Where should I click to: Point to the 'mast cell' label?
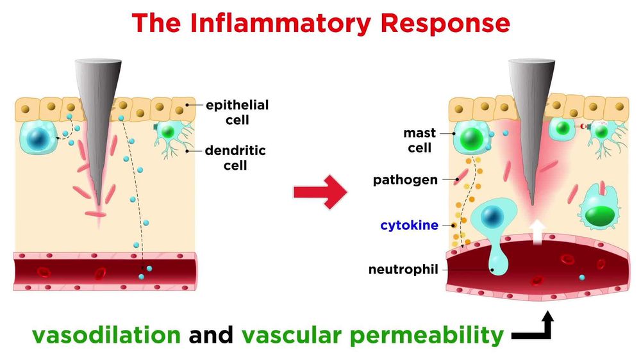(420, 140)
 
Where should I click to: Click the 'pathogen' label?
(405, 180)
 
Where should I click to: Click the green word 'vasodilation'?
(106, 335)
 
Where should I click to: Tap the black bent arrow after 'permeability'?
(534, 327)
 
